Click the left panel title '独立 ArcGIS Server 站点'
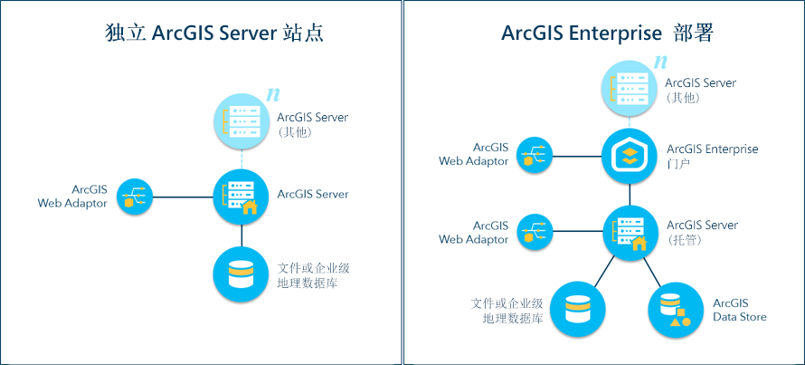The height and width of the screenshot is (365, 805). tap(213, 34)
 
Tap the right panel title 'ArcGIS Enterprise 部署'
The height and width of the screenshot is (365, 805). tap(607, 34)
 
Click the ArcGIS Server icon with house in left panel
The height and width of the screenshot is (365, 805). tap(241, 196)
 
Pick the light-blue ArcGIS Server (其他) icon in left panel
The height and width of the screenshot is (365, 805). tap(241, 121)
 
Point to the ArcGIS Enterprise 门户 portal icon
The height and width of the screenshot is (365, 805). tap(630, 156)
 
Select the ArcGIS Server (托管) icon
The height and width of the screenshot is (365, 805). tap(630, 231)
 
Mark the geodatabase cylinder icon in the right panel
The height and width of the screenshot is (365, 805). tap(577, 309)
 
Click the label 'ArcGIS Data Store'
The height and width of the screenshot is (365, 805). tap(739, 310)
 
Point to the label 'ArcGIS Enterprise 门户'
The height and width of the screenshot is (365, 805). tap(712, 156)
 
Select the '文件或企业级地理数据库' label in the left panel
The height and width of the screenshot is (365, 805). tap(313, 275)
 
